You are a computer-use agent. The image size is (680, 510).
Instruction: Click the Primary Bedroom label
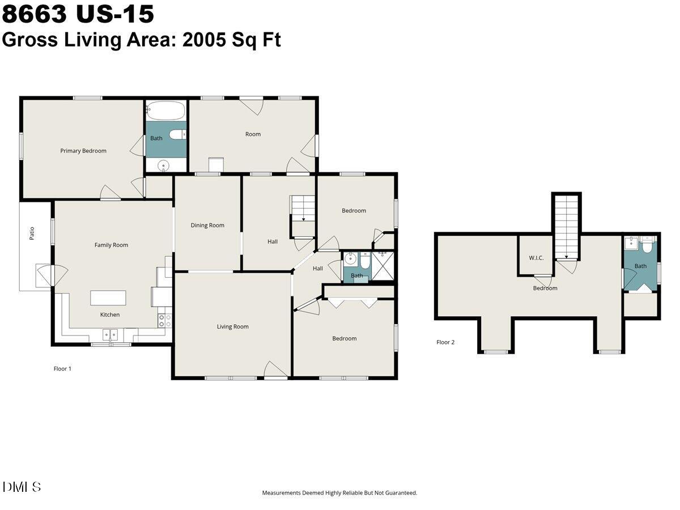(x=83, y=151)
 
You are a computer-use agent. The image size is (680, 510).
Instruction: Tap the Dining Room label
(x=207, y=226)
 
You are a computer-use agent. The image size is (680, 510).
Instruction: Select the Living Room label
(x=233, y=327)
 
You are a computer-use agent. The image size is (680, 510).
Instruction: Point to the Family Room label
(x=111, y=245)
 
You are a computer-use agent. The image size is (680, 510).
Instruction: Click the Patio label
(x=32, y=233)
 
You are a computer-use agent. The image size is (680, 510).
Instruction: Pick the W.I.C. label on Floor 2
(x=536, y=258)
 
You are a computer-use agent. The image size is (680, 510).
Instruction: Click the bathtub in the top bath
(x=165, y=110)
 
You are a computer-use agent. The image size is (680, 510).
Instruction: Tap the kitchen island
(x=108, y=298)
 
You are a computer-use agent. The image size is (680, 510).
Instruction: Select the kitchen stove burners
(x=165, y=321)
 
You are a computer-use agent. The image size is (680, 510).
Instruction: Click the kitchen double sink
(x=110, y=335)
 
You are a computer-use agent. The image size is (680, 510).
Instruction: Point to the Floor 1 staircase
(x=303, y=210)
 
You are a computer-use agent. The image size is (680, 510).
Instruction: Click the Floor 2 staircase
(x=566, y=227)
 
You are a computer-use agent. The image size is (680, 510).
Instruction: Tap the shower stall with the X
(x=382, y=266)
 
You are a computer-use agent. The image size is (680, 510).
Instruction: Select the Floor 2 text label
(x=445, y=342)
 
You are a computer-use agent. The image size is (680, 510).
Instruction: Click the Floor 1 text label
(x=62, y=368)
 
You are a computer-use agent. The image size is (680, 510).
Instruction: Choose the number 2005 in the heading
(x=204, y=40)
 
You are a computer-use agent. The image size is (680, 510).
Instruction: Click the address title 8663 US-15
(x=78, y=14)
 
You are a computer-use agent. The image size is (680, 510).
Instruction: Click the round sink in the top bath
(x=163, y=166)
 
